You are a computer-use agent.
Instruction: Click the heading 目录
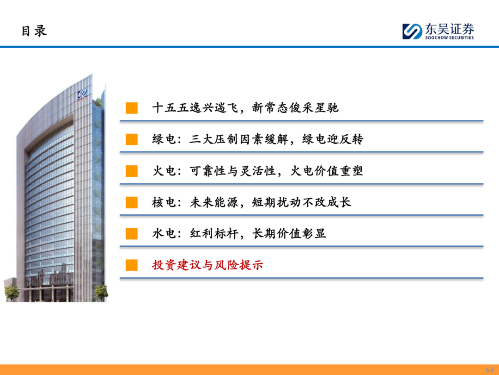coord(34,31)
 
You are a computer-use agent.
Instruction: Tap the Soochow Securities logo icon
coord(412,31)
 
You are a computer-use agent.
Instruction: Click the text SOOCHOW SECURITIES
coord(450,37)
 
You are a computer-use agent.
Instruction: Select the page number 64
coord(490,369)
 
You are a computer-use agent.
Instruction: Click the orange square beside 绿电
coord(131,139)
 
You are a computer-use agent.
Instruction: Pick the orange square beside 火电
coord(131,171)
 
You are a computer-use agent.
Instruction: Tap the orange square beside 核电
coord(131,202)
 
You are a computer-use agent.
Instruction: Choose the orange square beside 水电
coord(131,233)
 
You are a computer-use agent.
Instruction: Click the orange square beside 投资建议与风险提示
coord(131,265)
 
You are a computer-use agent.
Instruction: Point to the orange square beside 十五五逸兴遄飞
coord(131,108)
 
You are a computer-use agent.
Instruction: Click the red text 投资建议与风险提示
coord(207,265)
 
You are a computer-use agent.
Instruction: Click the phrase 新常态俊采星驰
coord(295,108)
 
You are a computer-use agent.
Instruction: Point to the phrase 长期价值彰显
coord(289,233)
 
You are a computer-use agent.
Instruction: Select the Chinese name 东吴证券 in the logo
coord(450,29)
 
